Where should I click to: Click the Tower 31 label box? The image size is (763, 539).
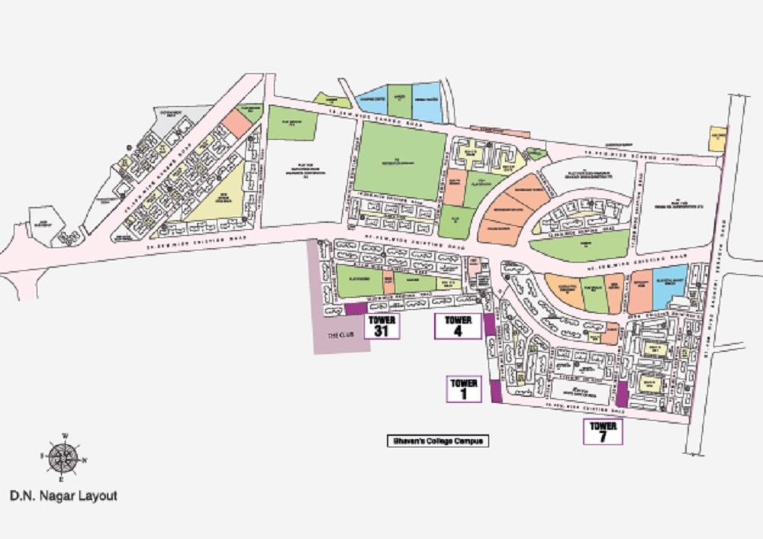click(383, 326)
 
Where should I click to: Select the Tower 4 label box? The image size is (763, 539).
click(458, 326)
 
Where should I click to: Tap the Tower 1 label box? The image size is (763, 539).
click(464, 389)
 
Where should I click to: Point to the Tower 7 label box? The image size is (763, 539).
click(603, 431)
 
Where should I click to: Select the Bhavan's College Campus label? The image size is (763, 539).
click(436, 441)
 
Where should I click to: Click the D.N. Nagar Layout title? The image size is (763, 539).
click(63, 495)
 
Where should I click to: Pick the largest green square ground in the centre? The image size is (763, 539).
click(400, 160)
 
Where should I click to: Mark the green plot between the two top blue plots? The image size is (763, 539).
click(399, 101)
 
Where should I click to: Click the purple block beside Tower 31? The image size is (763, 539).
click(356, 308)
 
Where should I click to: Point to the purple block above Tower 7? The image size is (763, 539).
click(621, 393)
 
